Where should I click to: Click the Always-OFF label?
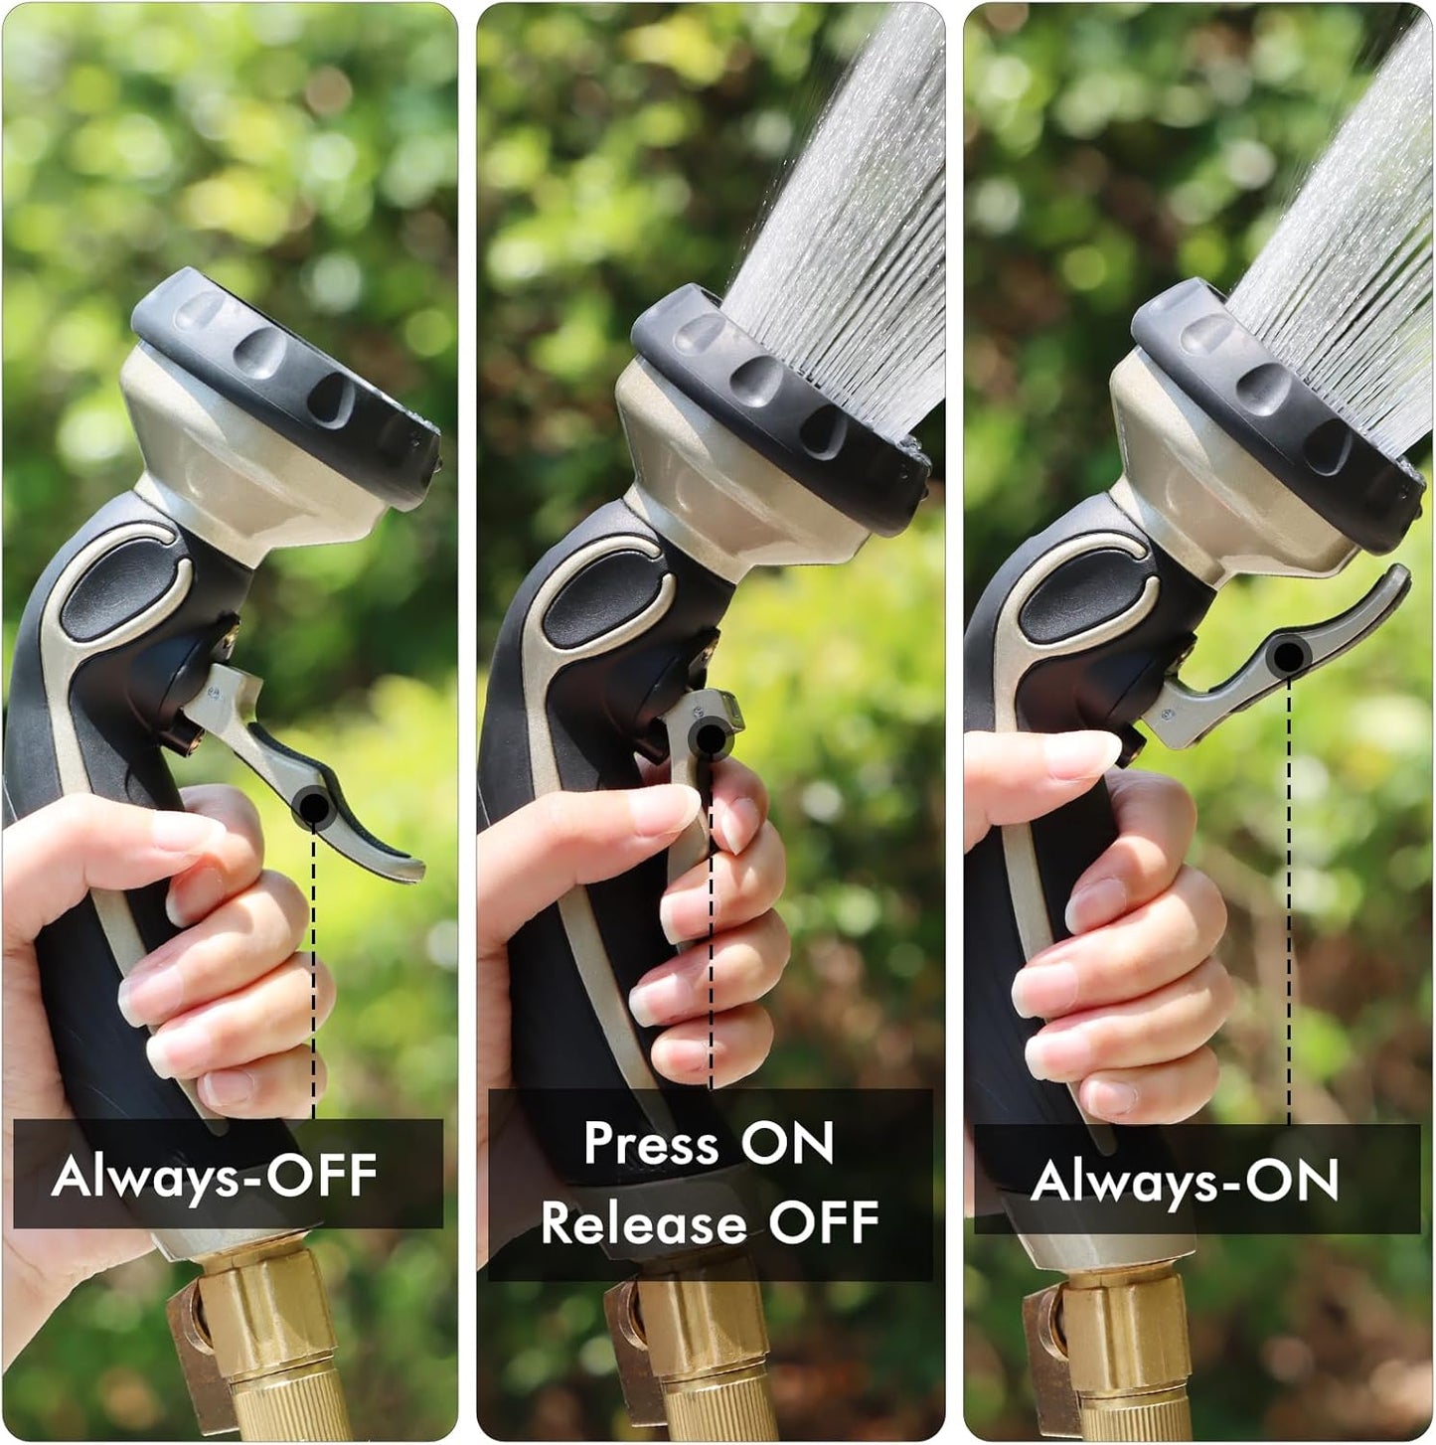click(214, 1176)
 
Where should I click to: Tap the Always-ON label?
click(1185, 1181)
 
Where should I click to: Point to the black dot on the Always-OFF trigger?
click(312, 805)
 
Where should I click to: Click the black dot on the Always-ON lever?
click(1289, 655)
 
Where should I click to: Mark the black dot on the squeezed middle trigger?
click(710, 737)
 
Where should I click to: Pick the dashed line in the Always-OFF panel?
click(314, 974)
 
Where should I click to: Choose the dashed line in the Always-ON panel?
click(1289, 894)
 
